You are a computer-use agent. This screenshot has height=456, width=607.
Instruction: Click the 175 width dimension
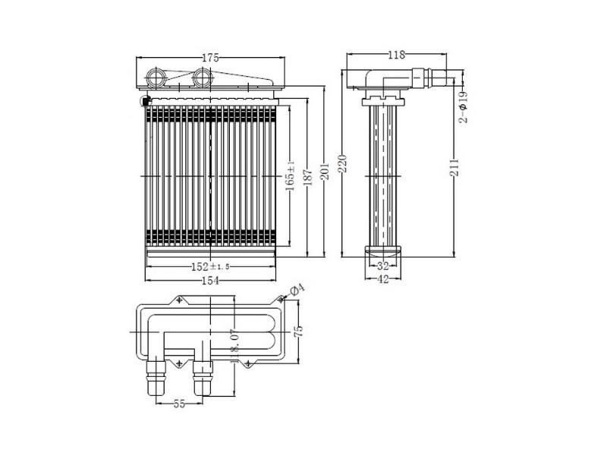point(211,58)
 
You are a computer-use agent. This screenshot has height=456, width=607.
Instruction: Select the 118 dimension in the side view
point(396,55)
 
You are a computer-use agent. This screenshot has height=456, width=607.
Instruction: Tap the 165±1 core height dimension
point(290,176)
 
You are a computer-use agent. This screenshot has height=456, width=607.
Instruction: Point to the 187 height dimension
point(309,177)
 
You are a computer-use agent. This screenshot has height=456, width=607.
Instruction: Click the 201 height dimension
point(326,171)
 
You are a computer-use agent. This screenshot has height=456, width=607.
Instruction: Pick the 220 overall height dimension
point(343,163)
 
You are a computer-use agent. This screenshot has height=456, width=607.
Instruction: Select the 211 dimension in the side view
point(454,167)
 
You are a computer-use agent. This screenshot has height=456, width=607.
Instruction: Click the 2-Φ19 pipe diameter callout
point(463,106)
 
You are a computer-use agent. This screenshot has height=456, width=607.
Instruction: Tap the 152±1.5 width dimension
point(211,267)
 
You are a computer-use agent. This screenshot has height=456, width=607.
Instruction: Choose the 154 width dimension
point(211,280)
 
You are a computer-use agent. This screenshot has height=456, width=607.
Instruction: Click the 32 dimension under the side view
point(383,266)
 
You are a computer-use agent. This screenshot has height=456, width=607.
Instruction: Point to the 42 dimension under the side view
point(383,279)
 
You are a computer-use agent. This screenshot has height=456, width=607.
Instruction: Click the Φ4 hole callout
point(297,290)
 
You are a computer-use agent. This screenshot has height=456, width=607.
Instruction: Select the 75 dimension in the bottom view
point(298,331)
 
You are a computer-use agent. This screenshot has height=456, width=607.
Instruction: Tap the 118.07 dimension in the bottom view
point(234,346)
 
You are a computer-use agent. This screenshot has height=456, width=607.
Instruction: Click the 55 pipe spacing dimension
point(179,404)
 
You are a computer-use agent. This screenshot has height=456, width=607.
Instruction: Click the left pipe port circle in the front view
point(156,78)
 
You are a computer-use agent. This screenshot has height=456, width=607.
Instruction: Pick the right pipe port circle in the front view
point(201,78)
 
